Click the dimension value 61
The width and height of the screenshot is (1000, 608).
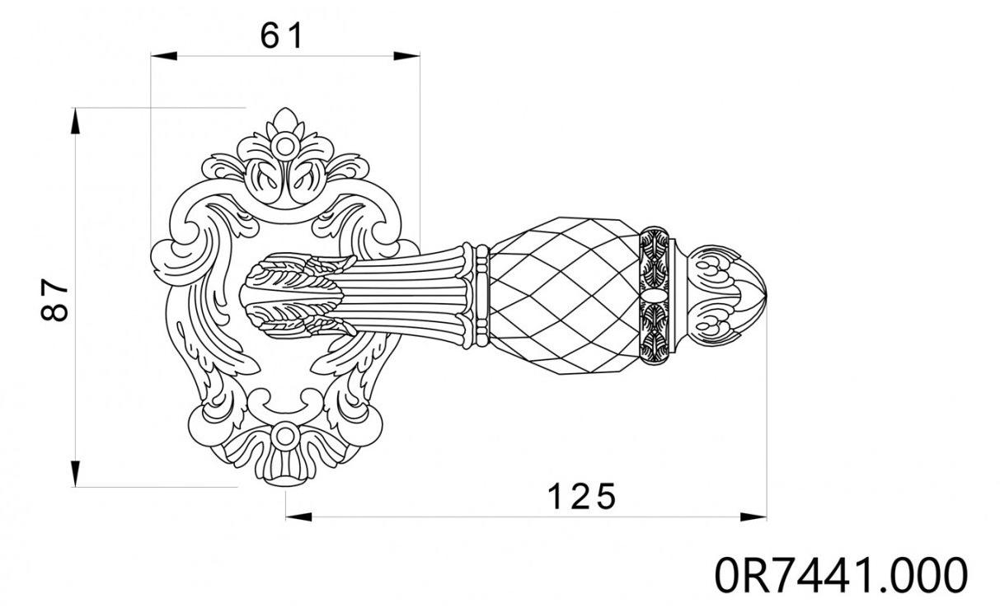(282, 35)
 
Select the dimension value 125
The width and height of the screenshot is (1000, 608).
(582, 496)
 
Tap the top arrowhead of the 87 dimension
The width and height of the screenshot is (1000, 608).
(75, 120)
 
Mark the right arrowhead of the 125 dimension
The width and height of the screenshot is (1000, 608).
(754, 517)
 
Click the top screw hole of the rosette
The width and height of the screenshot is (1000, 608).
(286, 147)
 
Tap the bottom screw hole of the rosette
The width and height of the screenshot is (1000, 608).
(286, 436)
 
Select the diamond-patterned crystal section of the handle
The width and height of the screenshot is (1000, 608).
(565, 294)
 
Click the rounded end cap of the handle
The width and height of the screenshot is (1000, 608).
(730, 294)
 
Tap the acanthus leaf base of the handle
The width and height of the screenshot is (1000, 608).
(293, 296)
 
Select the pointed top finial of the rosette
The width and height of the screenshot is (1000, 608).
(286, 118)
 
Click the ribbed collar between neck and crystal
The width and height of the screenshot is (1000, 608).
(477, 294)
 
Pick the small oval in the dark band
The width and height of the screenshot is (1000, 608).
(655, 295)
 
